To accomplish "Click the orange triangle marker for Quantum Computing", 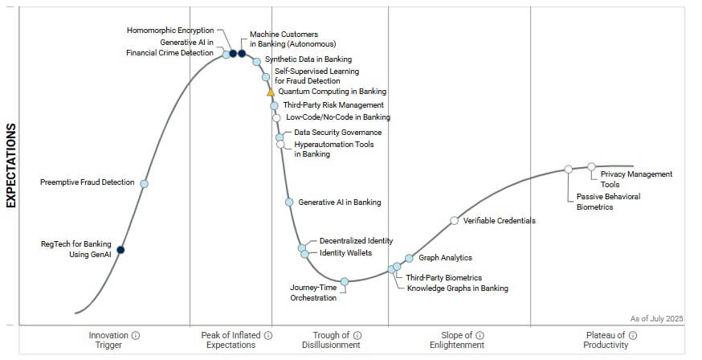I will (x=271, y=92).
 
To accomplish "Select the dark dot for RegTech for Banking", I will (x=120, y=250).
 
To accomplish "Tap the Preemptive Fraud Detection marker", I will (x=145, y=183).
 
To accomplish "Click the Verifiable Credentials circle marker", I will (x=454, y=220).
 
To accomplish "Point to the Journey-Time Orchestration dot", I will (x=345, y=281).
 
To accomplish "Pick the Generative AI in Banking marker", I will (x=289, y=202).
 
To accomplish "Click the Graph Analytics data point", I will (x=409, y=258).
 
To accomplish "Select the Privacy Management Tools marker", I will (x=592, y=166).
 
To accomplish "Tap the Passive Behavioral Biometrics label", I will (x=608, y=202).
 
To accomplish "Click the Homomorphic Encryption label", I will (x=170, y=31).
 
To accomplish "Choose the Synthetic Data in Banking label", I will (x=308, y=59).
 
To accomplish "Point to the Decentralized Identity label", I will (x=356, y=240).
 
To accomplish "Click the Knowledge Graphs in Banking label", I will (x=457, y=288).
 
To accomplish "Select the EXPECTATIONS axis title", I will (x=11, y=166).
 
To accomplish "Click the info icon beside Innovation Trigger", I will (x=136, y=335).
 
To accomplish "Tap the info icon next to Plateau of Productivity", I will (x=633, y=335).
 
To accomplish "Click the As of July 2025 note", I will (x=657, y=319).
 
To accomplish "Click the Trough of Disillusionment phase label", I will (x=331, y=340).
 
